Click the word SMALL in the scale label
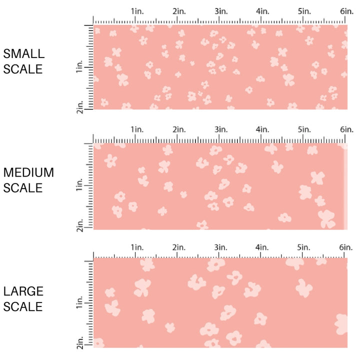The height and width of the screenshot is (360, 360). [x=23, y=54]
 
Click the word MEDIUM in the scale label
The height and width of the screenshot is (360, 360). [x=28, y=172]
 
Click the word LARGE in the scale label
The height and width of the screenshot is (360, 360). [x=23, y=291]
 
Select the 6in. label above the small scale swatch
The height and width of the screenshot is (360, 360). [x=346, y=11]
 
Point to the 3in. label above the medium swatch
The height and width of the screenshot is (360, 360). [x=221, y=129]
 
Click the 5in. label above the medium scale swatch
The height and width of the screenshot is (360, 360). [x=304, y=129]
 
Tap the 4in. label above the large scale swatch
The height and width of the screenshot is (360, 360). [x=263, y=247]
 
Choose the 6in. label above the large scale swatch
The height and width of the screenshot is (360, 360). [x=346, y=247]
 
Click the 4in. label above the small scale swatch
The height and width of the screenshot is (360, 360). [x=263, y=11]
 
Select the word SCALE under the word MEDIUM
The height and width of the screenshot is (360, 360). [x=23, y=188]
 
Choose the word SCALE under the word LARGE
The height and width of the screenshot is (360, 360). [x=23, y=306]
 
